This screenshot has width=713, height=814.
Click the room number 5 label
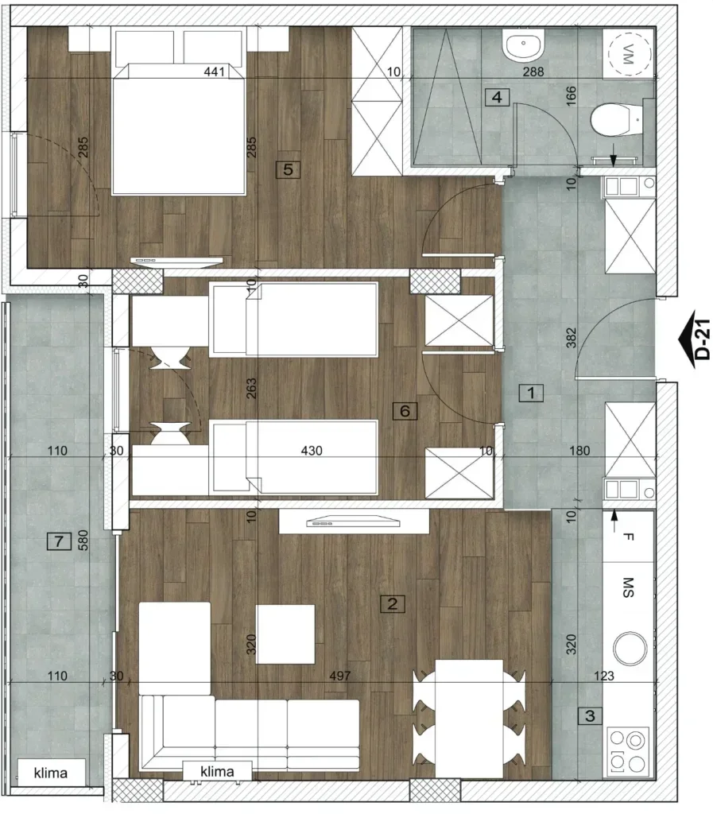click(x=288, y=169)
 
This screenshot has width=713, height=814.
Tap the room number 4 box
click(x=497, y=97)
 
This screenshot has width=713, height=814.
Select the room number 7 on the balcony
click(x=59, y=541)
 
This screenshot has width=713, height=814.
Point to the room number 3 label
click(x=590, y=716)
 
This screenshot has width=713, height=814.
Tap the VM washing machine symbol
click(x=630, y=53)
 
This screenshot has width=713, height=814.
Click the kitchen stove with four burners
click(x=627, y=752)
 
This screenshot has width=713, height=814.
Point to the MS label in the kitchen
click(x=628, y=587)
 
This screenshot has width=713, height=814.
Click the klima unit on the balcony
click(x=51, y=773)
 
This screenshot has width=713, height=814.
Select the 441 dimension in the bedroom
click(x=215, y=72)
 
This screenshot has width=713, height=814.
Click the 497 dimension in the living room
click(x=340, y=676)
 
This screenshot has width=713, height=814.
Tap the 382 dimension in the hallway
click(x=571, y=337)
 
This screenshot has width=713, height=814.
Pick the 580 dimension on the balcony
click(x=83, y=540)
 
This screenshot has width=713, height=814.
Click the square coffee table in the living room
click(x=285, y=634)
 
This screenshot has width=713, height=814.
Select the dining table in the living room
click(x=469, y=719)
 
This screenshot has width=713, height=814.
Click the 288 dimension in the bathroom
click(x=533, y=72)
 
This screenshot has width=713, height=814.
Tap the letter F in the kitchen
click(x=628, y=537)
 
